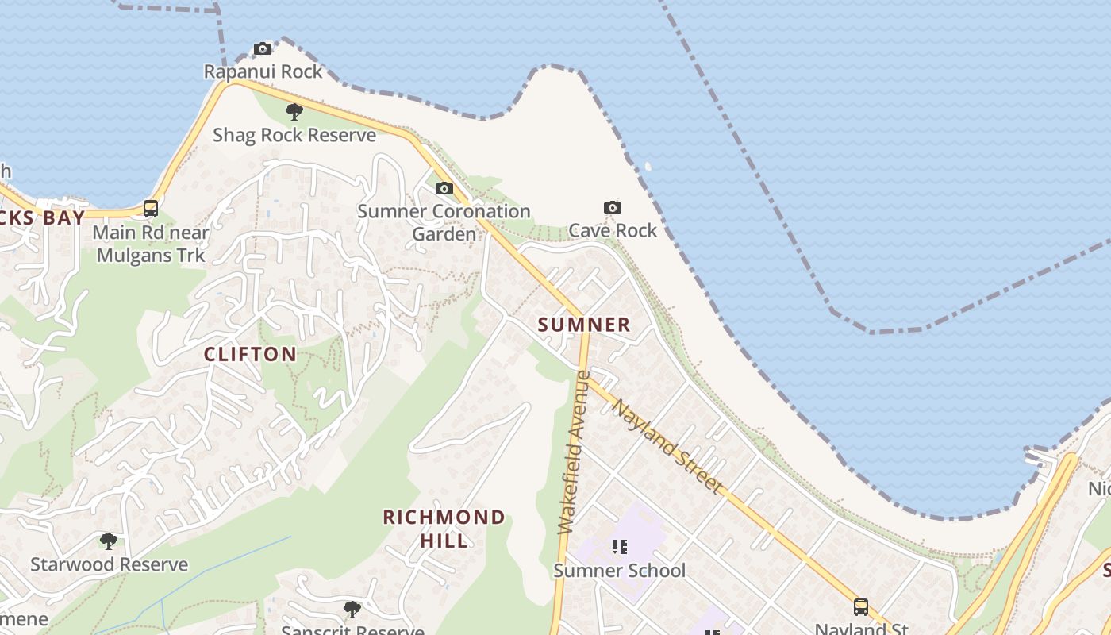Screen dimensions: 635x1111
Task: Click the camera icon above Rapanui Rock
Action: tap(263, 49)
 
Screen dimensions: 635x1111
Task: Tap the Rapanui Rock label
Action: tap(263, 71)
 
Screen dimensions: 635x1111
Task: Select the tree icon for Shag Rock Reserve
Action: tap(294, 112)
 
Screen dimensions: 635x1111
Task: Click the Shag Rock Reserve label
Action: tap(294, 135)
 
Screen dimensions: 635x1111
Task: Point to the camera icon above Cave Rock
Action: tap(613, 208)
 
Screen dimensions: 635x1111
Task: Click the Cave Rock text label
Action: tap(613, 230)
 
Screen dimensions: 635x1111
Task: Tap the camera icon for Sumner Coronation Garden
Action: tap(444, 189)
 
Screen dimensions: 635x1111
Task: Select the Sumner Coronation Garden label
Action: tap(444, 222)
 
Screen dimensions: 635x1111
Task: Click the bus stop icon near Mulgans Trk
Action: tap(150, 209)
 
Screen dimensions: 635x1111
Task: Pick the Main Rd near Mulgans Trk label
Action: tap(151, 244)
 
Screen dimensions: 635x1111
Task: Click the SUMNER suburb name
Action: tap(584, 325)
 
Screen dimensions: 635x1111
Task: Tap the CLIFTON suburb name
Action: tap(250, 354)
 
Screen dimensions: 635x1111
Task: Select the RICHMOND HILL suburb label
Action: tap(444, 529)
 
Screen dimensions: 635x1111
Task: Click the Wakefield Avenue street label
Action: tap(575, 452)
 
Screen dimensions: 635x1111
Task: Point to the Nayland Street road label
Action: tap(667, 446)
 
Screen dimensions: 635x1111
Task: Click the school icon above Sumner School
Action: tap(621, 547)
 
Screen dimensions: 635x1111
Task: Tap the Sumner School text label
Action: tap(619, 571)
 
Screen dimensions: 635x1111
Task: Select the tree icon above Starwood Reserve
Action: tap(109, 542)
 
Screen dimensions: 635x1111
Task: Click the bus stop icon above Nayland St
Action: tap(861, 607)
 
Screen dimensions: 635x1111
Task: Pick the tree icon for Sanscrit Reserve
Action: tap(352, 610)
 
